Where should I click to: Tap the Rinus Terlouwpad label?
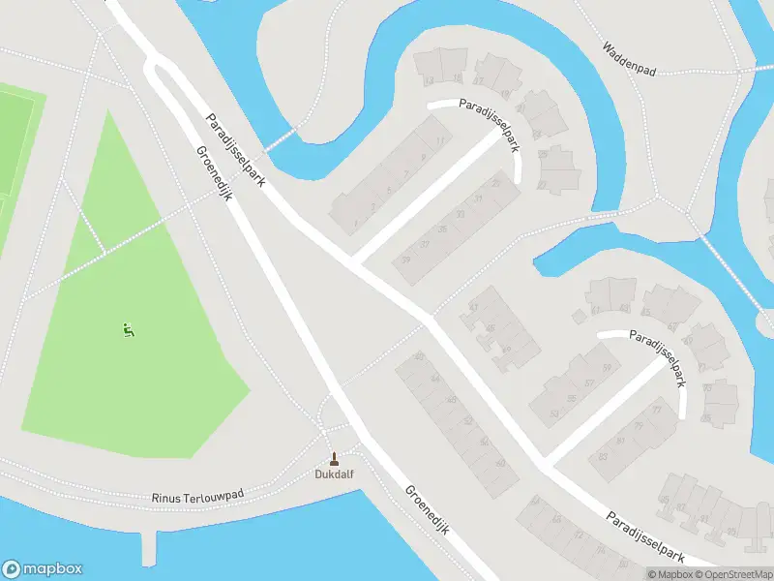[198, 496]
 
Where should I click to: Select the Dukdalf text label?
[335, 474]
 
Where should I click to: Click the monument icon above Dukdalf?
[335, 458]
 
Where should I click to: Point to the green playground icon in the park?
[127, 330]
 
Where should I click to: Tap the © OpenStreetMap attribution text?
[726, 574]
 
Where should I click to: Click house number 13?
[429, 80]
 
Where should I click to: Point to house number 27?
[542, 184]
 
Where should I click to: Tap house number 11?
[440, 141]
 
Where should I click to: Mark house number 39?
[406, 259]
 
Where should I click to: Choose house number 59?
[607, 369]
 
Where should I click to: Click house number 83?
[603, 456]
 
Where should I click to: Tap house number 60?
[500, 463]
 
